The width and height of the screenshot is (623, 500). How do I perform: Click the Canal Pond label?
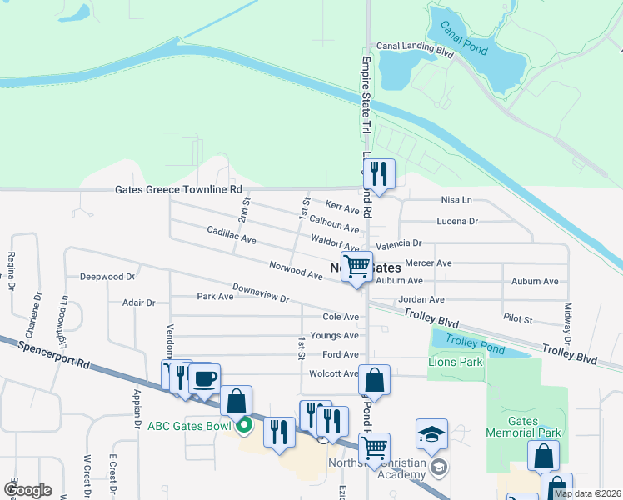click(464, 38)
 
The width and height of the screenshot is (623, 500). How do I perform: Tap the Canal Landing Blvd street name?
click(414, 48)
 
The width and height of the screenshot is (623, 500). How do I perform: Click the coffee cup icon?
click(205, 379)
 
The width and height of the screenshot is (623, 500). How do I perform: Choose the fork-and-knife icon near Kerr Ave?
click(379, 174)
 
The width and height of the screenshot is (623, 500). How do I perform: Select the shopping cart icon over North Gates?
click(356, 267)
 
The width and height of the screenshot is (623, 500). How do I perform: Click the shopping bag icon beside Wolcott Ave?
click(375, 380)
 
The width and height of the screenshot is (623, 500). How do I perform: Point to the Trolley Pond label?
click(471, 340)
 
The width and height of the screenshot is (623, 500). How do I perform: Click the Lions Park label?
click(455, 362)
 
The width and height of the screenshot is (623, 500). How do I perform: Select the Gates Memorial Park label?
click(523, 424)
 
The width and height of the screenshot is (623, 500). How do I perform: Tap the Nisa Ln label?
click(456, 200)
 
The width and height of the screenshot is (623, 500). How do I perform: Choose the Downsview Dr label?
click(260, 292)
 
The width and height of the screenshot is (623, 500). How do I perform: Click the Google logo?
click(27, 490)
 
